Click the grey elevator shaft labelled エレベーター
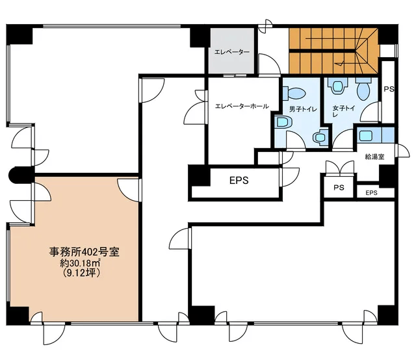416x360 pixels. click(x=231, y=51)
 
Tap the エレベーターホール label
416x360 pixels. click(x=241, y=107)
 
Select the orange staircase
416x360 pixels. click(x=333, y=51)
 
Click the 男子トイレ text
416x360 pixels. click(x=303, y=109)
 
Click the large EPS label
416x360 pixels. click(x=239, y=181)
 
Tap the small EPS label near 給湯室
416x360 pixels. click(x=371, y=193)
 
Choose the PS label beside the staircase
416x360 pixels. click(x=389, y=89)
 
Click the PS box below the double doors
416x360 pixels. click(x=339, y=187)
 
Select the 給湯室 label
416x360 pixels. click(x=374, y=157)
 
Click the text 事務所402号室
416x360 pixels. click(x=84, y=251)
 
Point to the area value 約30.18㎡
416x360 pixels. click(x=80, y=263)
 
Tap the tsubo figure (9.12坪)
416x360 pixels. click(x=82, y=273)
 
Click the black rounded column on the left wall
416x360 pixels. click(x=21, y=175)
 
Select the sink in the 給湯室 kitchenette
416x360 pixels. click(x=365, y=135)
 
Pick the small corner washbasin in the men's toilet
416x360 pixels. click(x=320, y=137)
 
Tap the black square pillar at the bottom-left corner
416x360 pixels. click(x=18, y=315)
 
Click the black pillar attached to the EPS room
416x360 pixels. click(x=199, y=175)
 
